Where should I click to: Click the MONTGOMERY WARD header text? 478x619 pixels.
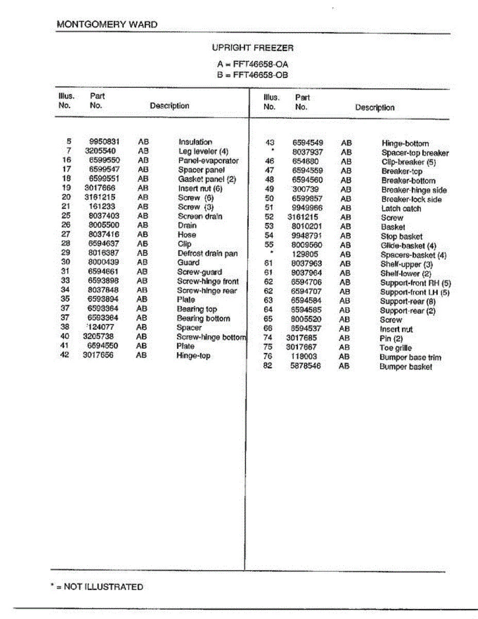click(x=107, y=24)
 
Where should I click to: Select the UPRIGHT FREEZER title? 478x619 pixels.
click(x=253, y=47)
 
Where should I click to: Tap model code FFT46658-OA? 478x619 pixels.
click(x=260, y=64)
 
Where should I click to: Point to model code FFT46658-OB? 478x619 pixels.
click(x=260, y=75)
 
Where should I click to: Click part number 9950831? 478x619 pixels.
click(x=105, y=142)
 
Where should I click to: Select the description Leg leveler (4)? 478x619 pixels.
click(x=203, y=151)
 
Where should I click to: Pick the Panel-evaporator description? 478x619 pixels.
click(x=208, y=160)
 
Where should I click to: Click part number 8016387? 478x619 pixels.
click(x=104, y=253)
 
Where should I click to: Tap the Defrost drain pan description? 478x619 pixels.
click(x=207, y=253)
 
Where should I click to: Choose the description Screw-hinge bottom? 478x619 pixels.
click(x=211, y=337)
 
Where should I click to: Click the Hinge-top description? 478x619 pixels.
click(x=193, y=355)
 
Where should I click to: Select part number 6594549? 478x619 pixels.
click(x=308, y=143)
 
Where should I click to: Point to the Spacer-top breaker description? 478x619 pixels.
click(x=415, y=153)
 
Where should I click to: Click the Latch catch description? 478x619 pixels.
click(x=401, y=208)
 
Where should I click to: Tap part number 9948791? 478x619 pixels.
click(x=307, y=236)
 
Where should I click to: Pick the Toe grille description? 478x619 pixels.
click(x=395, y=348)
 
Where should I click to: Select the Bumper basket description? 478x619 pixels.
click(x=406, y=367)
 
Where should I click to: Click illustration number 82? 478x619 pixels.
click(x=268, y=366)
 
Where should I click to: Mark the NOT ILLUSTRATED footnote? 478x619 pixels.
click(x=100, y=587)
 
